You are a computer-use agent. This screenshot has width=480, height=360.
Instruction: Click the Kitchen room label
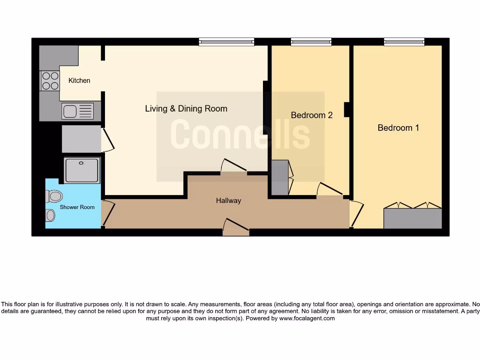tap(79, 81)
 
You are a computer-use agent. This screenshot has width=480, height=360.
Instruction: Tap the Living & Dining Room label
tap(186, 109)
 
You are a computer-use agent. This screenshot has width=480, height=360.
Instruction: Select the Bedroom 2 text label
tap(311, 115)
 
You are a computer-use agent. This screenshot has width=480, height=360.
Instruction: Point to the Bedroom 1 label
tap(398, 127)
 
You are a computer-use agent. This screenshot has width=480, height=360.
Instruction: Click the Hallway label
tap(228, 201)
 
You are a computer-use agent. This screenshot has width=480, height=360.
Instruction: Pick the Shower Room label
tap(77, 207)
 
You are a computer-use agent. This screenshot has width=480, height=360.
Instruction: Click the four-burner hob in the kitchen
tap(50, 80)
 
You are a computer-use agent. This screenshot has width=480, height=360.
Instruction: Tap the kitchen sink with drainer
tap(78, 111)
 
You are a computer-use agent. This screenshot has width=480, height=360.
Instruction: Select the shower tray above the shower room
tap(82, 170)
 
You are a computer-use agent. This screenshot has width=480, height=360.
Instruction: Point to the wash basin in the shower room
tap(50, 215)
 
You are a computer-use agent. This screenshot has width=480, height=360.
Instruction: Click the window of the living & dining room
tap(226, 42)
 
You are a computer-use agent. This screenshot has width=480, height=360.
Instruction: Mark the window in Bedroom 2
tap(311, 42)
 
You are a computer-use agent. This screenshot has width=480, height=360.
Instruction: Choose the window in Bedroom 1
tap(404, 42)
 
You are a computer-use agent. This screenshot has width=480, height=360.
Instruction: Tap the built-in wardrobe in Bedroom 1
tap(412, 218)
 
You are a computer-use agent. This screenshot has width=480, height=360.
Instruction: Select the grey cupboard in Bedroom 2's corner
tap(280, 178)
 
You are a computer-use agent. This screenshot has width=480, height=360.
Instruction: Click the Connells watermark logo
tap(240, 135)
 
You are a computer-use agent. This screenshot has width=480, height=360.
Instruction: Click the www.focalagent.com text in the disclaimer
tap(307, 318)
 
